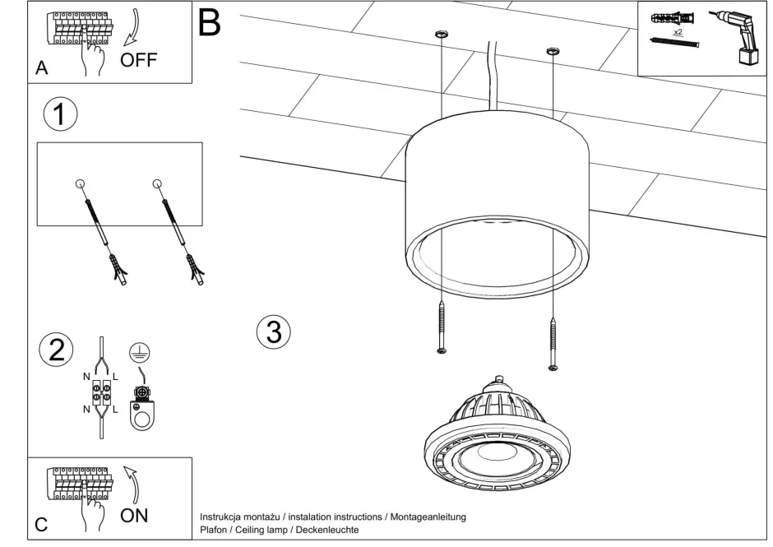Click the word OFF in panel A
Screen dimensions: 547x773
point(138,59)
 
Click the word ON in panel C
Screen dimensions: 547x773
point(134,516)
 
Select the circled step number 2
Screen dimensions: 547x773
point(56,350)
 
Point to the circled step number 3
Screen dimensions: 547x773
point(274,331)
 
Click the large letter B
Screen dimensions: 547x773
point(210,23)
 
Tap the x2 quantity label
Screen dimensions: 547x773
point(678,31)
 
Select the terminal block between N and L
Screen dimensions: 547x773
point(101,391)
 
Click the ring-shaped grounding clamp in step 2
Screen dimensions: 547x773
point(144,415)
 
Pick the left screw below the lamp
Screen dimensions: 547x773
point(442,329)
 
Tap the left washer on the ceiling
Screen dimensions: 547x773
point(442,35)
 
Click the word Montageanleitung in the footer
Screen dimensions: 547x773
point(428,517)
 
